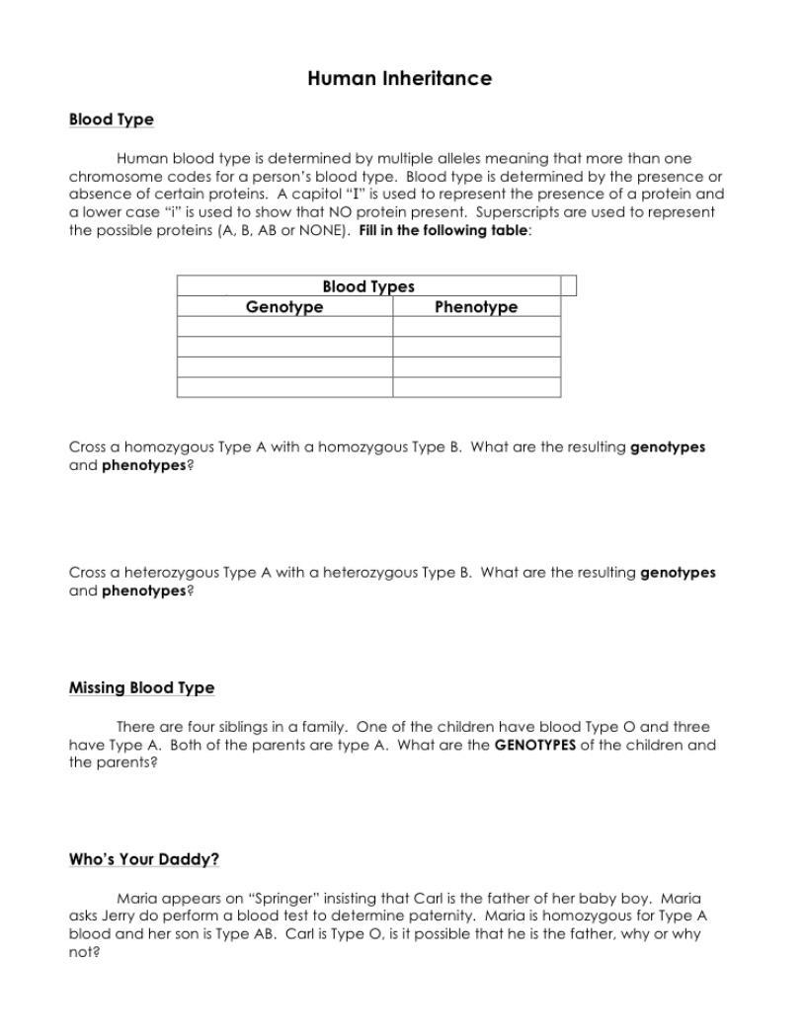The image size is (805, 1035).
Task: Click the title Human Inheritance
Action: tap(399, 79)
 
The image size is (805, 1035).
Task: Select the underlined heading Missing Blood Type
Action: tap(141, 688)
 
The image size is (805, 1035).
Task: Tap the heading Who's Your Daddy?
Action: tap(144, 860)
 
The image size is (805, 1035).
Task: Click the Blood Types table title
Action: tap(368, 286)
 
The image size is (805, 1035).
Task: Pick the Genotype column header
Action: tap(284, 307)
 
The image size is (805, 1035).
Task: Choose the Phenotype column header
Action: tap(476, 307)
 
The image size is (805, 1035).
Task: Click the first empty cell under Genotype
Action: tap(284, 327)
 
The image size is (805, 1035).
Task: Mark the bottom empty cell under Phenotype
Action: tap(476, 387)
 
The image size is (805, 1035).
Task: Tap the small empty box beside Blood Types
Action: tap(568, 286)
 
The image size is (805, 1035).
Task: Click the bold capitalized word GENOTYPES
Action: tap(534, 746)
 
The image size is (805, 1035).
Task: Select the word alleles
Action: tap(468, 159)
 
